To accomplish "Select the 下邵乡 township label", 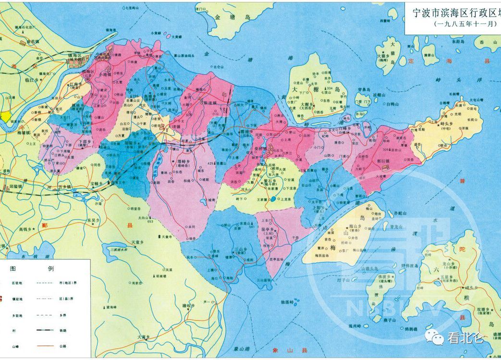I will (86, 143).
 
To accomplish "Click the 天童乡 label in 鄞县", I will (138, 242).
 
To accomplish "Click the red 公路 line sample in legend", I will (45, 347).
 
